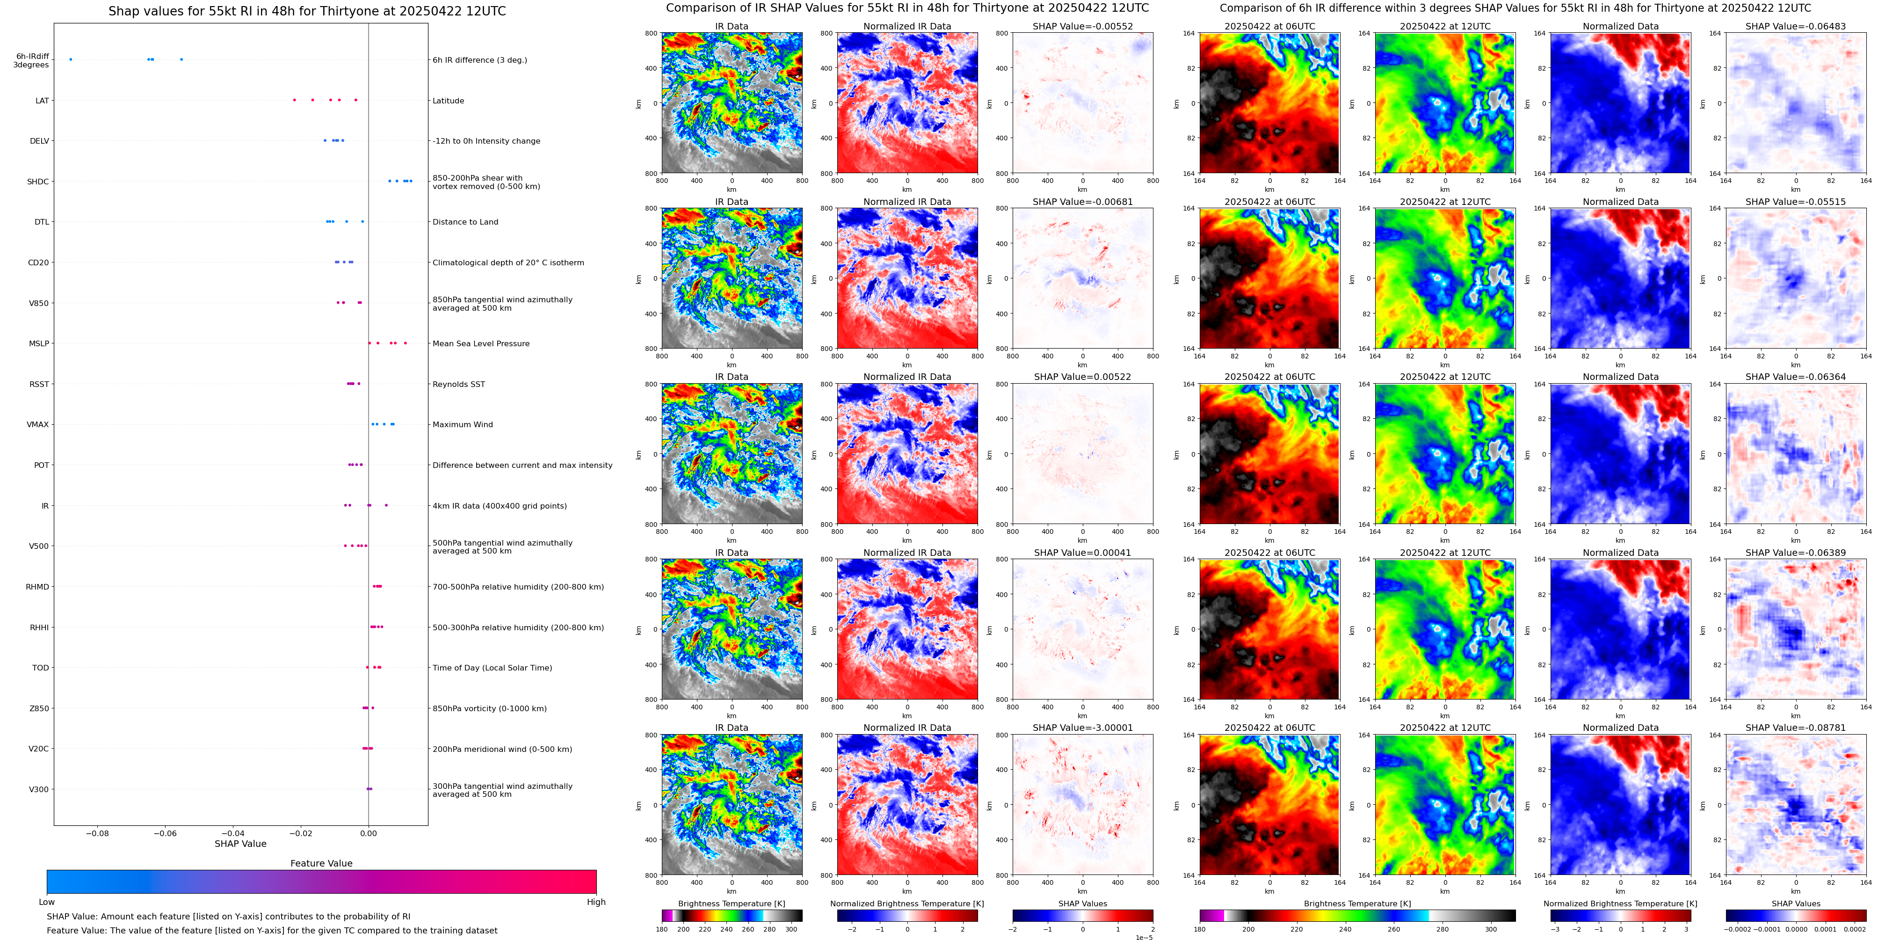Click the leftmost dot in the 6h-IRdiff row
(x=71, y=59)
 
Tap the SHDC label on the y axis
(x=38, y=182)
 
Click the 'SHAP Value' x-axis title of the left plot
(x=240, y=844)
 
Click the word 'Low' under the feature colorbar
(x=47, y=902)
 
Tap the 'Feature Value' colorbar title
(x=321, y=863)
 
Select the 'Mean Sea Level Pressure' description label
(x=480, y=343)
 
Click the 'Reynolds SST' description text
(x=458, y=384)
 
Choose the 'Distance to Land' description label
(x=465, y=222)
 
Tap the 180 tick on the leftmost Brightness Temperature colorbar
(x=662, y=929)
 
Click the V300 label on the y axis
(x=39, y=789)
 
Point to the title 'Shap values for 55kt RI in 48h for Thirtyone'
(x=306, y=11)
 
